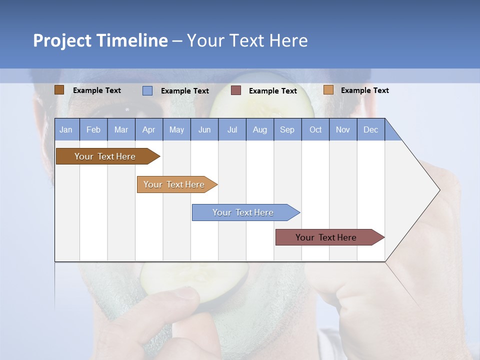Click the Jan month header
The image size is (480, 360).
(66, 129)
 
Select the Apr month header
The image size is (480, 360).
(149, 129)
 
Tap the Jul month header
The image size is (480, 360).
(232, 129)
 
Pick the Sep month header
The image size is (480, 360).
(287, 129)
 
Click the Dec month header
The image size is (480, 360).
(371, 129)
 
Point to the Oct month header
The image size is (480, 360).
(315, 129)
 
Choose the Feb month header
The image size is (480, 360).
(93, 129)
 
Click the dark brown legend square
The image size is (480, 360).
(59, 90)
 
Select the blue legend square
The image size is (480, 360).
(147, 90)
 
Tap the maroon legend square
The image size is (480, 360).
(236, 90)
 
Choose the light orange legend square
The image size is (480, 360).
(328, 90)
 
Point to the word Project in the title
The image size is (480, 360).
(62, 40)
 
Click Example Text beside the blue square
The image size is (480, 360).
(185, 91)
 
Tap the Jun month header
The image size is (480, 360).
(204, 129)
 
